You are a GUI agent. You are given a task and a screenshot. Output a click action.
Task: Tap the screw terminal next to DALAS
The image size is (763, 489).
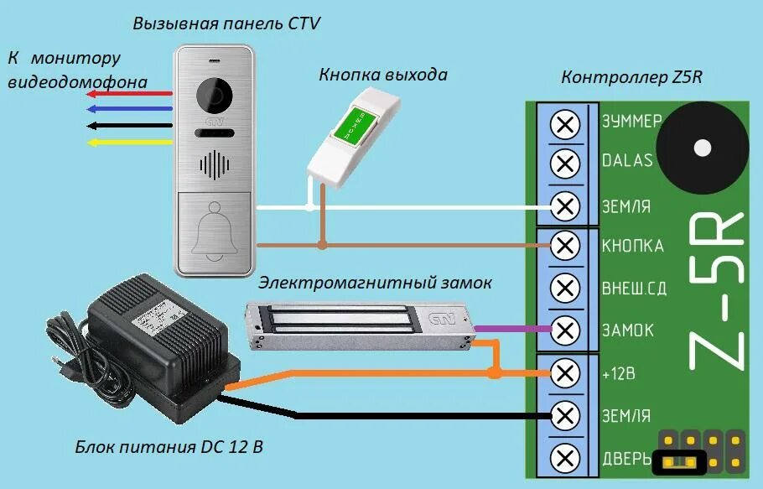[x=567, y=163]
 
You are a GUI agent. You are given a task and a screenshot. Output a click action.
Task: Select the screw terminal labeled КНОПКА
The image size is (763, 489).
[x=567, y=246]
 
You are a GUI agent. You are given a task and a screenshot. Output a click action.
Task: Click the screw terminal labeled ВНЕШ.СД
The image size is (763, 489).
[x=567, y=289]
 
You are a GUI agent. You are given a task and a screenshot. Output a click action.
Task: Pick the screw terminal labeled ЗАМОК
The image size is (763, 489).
[x=567, y=329]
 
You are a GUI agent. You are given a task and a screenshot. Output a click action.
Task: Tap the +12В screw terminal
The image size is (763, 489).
[x=567, y=372]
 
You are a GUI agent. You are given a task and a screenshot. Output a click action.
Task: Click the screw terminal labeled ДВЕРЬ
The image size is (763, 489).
[x=567, y=458]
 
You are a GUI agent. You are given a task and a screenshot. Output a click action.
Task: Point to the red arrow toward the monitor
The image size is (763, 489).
[x=130, y=94]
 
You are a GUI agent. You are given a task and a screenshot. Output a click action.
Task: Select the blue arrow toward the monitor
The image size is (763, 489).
[x=130, y=109]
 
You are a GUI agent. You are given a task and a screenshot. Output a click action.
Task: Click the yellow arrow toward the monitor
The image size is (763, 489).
[x=130, y=142]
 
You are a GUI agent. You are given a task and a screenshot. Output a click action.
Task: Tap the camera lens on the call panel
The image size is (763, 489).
[x=215, y=96]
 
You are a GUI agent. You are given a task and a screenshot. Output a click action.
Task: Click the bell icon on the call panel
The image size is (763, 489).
[x=215, y=232]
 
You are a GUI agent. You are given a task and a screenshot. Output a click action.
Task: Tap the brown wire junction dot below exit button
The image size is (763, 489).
[x=321, y=246]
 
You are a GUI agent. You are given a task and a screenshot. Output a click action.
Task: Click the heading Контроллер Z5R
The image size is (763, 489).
[x=631, y=78]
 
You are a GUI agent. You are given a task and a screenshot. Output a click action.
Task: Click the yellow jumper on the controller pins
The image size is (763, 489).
[x=678, y=460]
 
